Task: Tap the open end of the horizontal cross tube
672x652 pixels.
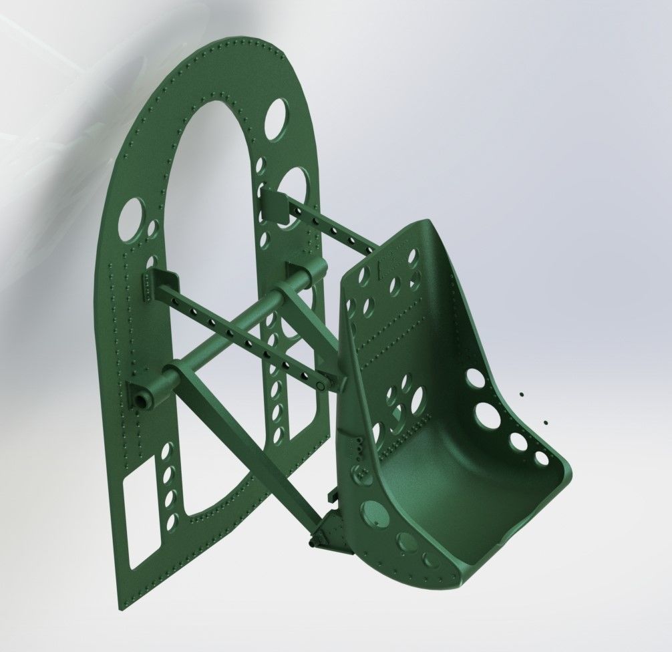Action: tap(142, 399)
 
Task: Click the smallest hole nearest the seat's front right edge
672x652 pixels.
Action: tap(540, 459)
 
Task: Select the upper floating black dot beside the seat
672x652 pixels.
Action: tap(522, 395)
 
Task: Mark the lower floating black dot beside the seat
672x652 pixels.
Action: tap(546, 422)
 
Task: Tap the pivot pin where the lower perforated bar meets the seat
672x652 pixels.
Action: tap(321, 385)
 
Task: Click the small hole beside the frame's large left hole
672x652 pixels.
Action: tap(153, 229)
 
